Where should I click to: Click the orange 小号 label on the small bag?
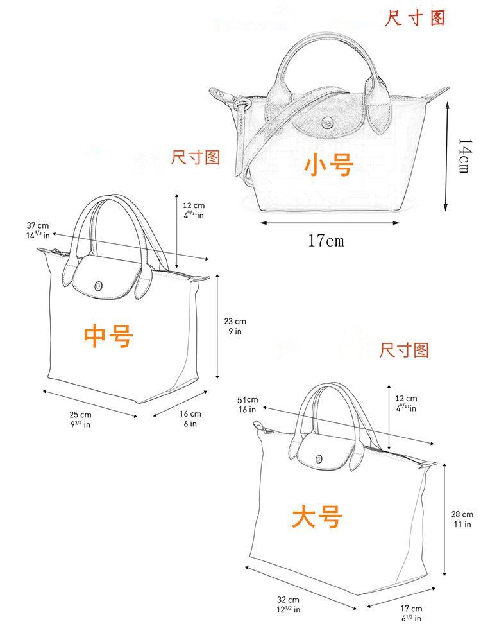pos(329,165)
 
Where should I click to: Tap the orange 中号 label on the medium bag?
pos(108,335)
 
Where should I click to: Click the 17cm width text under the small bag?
pos(326,241)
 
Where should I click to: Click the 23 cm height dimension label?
pos(235,326)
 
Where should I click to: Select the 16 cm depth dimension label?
pos(190,419)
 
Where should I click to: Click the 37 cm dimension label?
pos(38,230)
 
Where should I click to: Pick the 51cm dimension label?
pos(248,404)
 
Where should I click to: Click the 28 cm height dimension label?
pos(462,519)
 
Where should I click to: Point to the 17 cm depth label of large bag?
pos(411,613)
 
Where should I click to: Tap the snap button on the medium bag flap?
pos(99,286)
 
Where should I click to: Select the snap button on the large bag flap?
pos(319,458)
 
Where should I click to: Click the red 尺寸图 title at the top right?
pos(415,17)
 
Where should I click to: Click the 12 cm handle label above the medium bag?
pos(194,210)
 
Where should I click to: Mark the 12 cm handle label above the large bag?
pos(405,403)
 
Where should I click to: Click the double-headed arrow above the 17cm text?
pos(326,223)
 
